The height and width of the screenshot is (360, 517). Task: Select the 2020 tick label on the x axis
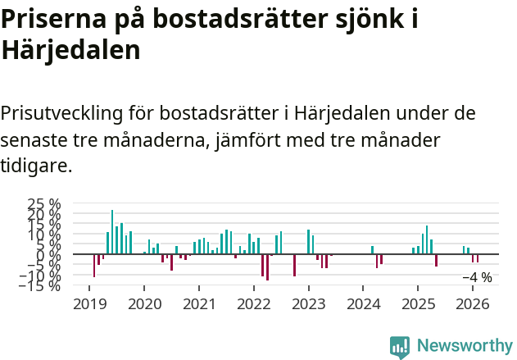pyautogui.click(x=143, y=304)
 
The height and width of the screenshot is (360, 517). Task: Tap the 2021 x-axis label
pyautogui.click(x=198, y=304)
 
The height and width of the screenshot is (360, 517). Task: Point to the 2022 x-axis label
pyautogui.click(x=253, y=304)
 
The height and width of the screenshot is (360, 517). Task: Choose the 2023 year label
pyautogui.click(x=308, y=304)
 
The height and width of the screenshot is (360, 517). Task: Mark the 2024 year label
pyautogui.click(x=363, y=304)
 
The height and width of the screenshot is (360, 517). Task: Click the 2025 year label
pyautogui.click(x=418, y=304)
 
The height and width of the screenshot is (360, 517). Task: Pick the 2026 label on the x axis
pyautogui.click(x=473, y=304)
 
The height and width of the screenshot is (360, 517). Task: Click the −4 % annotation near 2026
pyautogui.click(x=477, y=277)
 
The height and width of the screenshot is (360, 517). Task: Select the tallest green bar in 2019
pyautogui.click(x=112, y=232)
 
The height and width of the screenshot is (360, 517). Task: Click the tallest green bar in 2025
pyautogui.click(x=427, y=239)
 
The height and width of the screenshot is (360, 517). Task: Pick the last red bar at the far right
pyautogui.click(x=478, y=258)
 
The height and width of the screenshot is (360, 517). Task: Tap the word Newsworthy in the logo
pyautogui.click(x=465, y=346)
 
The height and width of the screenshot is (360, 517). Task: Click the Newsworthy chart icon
pyautogui.click(x=400, y=347)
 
